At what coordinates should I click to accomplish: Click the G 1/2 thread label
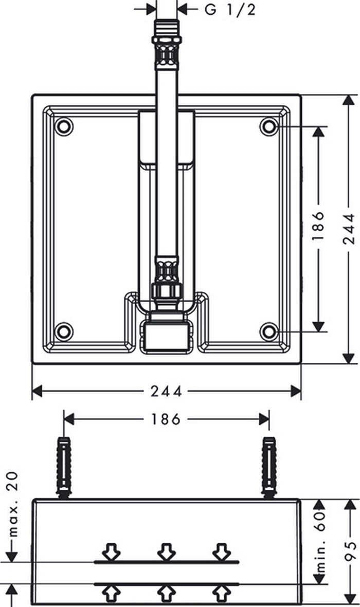click(230, 9)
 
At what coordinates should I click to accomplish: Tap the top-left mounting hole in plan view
click(64, 126)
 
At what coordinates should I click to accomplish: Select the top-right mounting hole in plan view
click(269, 126)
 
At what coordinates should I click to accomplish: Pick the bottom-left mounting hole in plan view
click(64, 332)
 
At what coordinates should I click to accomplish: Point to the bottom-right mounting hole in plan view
click(269, 332)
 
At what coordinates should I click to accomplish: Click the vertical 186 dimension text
click(318, 226)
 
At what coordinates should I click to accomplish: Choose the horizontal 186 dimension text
click(166, 419)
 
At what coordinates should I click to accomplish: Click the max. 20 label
click(12, 504)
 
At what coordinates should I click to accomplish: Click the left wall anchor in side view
click(64, 467)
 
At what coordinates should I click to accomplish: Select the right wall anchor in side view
click(269, 467)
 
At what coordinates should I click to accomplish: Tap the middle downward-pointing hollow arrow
click(167, 551)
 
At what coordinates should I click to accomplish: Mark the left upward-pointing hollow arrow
click(111, 594)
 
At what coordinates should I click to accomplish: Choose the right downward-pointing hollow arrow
click(222, 551)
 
